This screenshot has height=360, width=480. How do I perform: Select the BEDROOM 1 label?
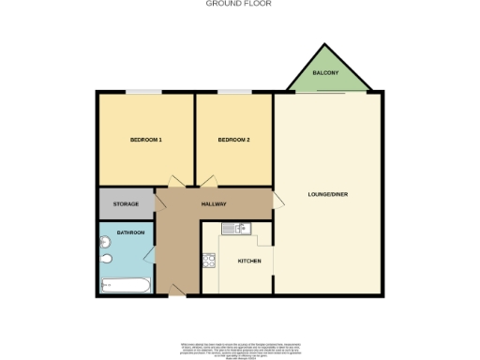coord(145,141)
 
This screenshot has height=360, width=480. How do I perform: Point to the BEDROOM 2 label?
coord(233,141)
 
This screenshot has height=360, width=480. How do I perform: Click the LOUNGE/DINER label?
coord(327,195)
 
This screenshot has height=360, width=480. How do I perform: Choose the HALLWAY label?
coord(215,203)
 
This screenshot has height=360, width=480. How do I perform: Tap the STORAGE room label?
coord(127,203)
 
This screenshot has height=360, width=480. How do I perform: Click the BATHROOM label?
coord(130,232)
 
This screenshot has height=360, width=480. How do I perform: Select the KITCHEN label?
coord(248,261)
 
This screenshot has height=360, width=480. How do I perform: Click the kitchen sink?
coord(233,228)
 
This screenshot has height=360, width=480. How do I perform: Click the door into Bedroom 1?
coord(174,182)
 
